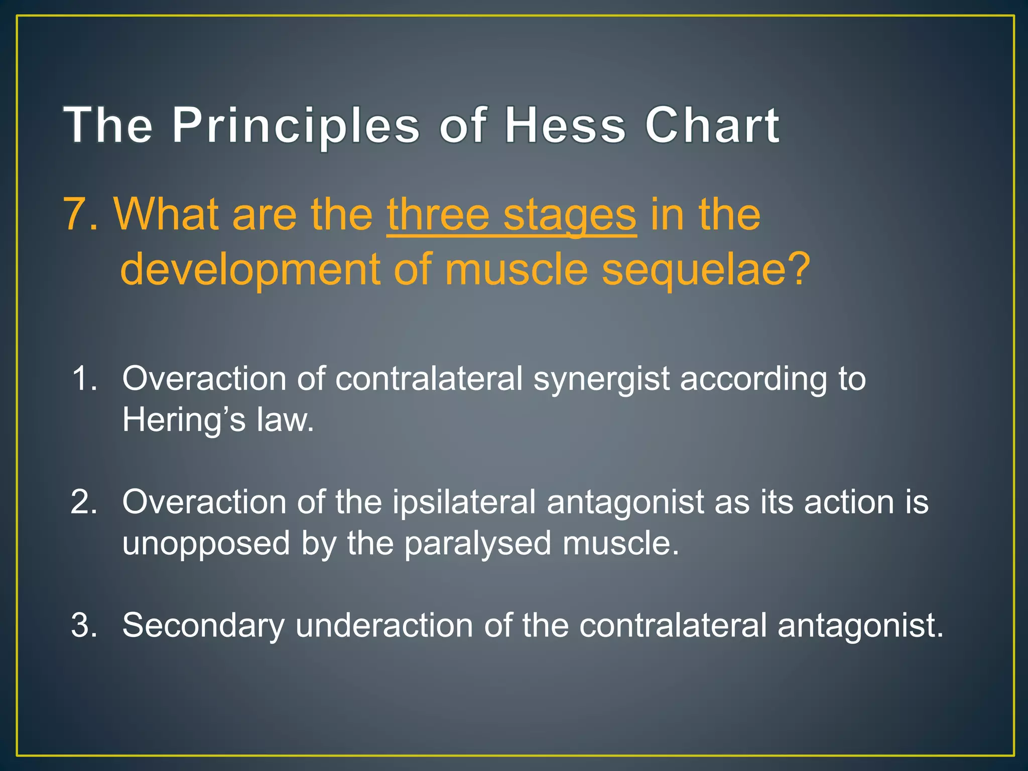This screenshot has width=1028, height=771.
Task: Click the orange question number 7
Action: point(75,214)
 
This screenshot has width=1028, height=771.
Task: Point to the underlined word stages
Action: point(570,214)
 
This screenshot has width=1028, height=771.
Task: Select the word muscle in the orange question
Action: point(516,269)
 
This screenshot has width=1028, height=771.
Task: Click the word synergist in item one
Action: point(601,378)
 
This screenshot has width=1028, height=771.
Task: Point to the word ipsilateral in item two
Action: point(464,501)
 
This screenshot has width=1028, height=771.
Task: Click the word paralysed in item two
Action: point(477,543)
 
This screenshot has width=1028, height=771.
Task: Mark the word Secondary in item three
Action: point(203,625)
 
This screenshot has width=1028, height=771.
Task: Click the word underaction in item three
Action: point(384,625)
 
